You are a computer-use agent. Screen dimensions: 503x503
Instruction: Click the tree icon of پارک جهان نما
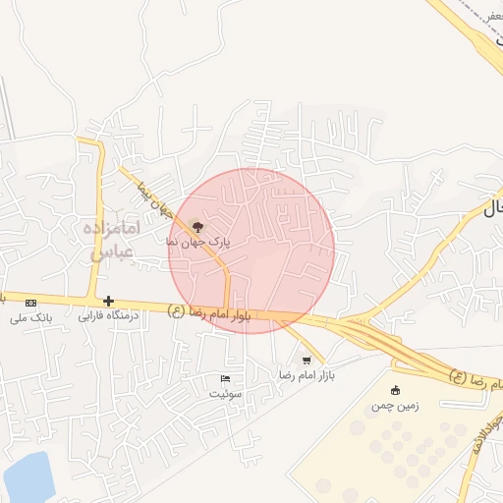pyautogui.click(x=200, y=227)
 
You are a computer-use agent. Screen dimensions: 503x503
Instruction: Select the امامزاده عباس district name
pyautogui.click(x=117, y=240)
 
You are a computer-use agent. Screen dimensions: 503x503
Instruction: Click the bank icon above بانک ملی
pyautogui.click(x=30, y=302)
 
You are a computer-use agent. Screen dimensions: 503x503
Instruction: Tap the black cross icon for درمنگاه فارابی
pyautogui.click(x=108, y=301)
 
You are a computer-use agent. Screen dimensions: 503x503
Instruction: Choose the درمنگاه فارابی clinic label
pyautogui.click(x=110, y=316)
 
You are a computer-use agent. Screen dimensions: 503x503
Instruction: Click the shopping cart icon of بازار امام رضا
pyautogui.click(x=307, y=360)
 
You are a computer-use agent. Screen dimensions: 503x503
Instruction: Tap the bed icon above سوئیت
pyautogui.click(x=225, y=378)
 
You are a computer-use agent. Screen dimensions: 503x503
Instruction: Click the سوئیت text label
pyautogui.click(x=224, y=393)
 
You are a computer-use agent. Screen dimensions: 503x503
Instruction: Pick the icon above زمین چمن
pyautogui.click(x=396, y=390)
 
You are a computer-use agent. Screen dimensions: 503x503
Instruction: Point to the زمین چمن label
pyautogui.click(x=394, y=405)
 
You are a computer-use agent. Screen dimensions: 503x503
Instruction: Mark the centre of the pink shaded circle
pyautogui.click(x=251, y=251)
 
